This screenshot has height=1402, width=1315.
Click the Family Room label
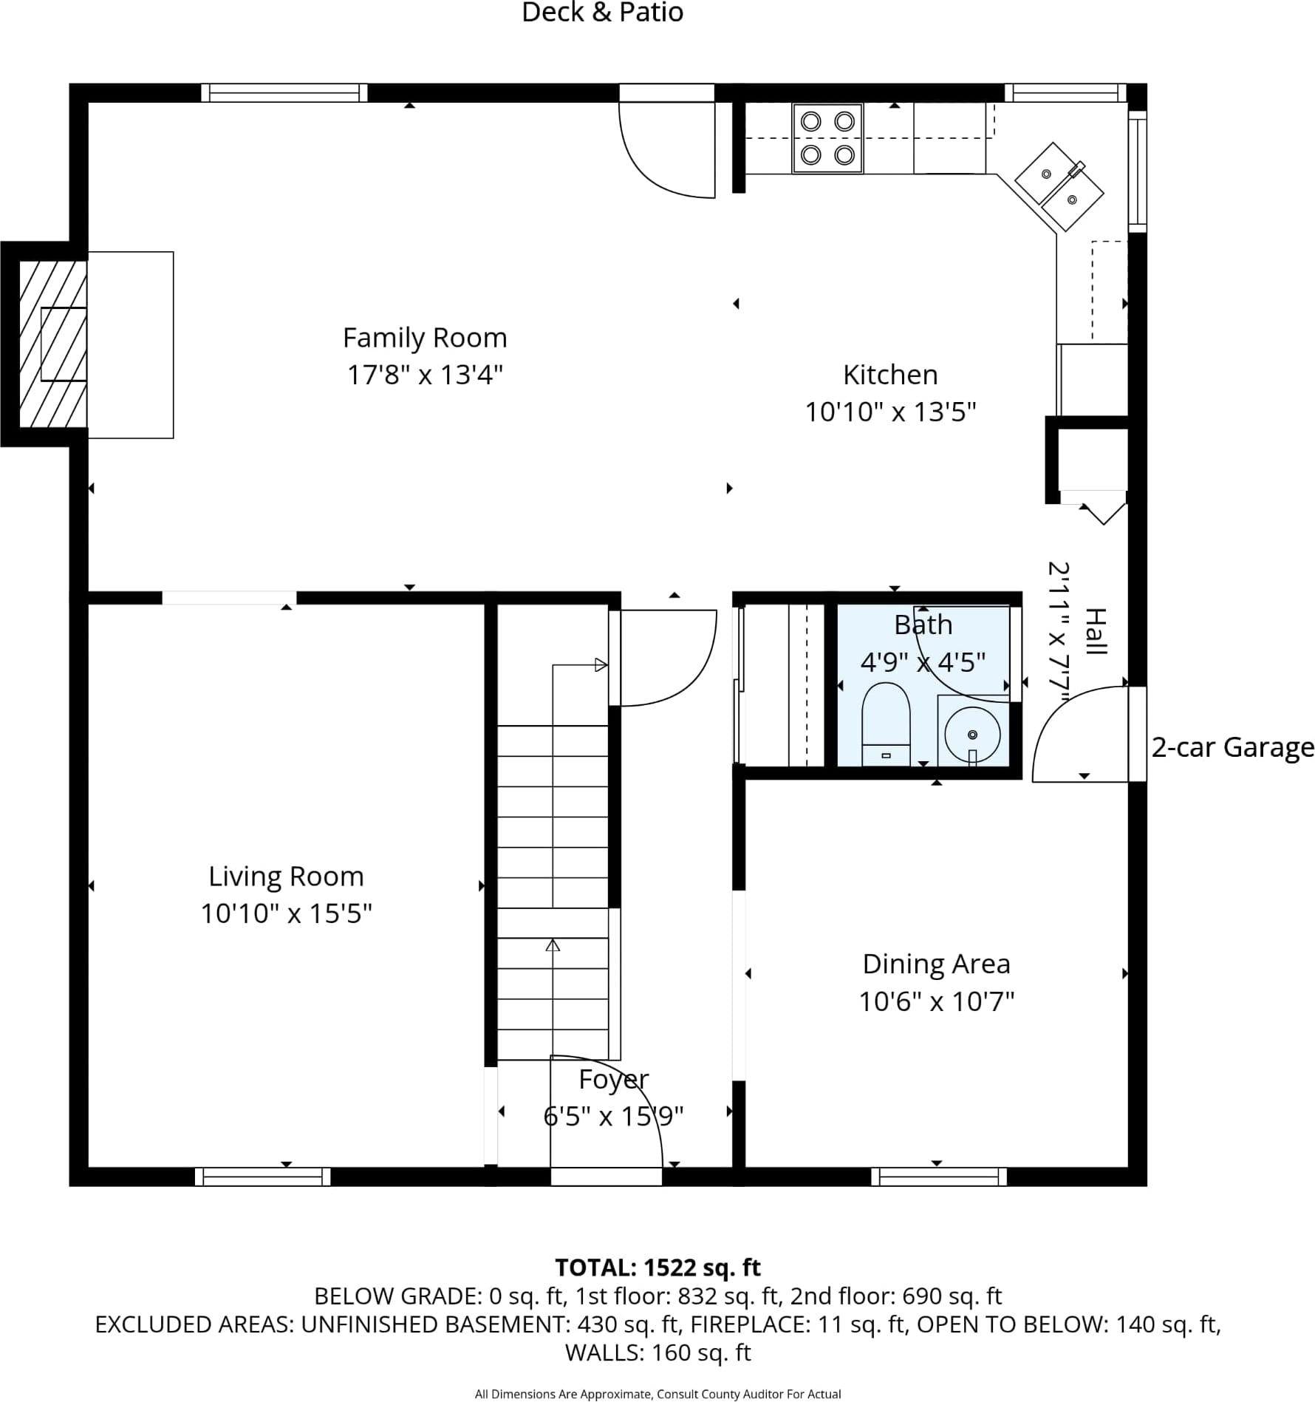pos(425,338)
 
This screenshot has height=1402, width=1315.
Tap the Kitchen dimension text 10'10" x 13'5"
pos(890,412)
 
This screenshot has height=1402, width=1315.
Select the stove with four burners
pos(827,138)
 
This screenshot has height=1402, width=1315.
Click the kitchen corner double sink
pos(1059,186)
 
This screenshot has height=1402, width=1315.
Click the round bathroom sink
pos(972,735)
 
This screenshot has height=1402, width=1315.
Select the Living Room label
pos(286,877)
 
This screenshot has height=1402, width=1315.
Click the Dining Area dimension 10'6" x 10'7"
pos(936,1002)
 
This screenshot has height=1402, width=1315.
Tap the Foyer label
pos(613,1080)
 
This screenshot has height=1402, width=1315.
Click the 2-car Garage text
pos(1232,747)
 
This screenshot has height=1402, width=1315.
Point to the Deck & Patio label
pos(602,13)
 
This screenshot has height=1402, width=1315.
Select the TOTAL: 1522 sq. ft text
pos(657,1267)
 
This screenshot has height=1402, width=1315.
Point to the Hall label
pos(1096,631)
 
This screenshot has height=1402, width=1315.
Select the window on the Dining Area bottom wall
pos(939,1177)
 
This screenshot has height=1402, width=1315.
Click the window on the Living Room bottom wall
pos(262,1177)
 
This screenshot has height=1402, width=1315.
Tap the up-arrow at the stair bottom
pos(553,945)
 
